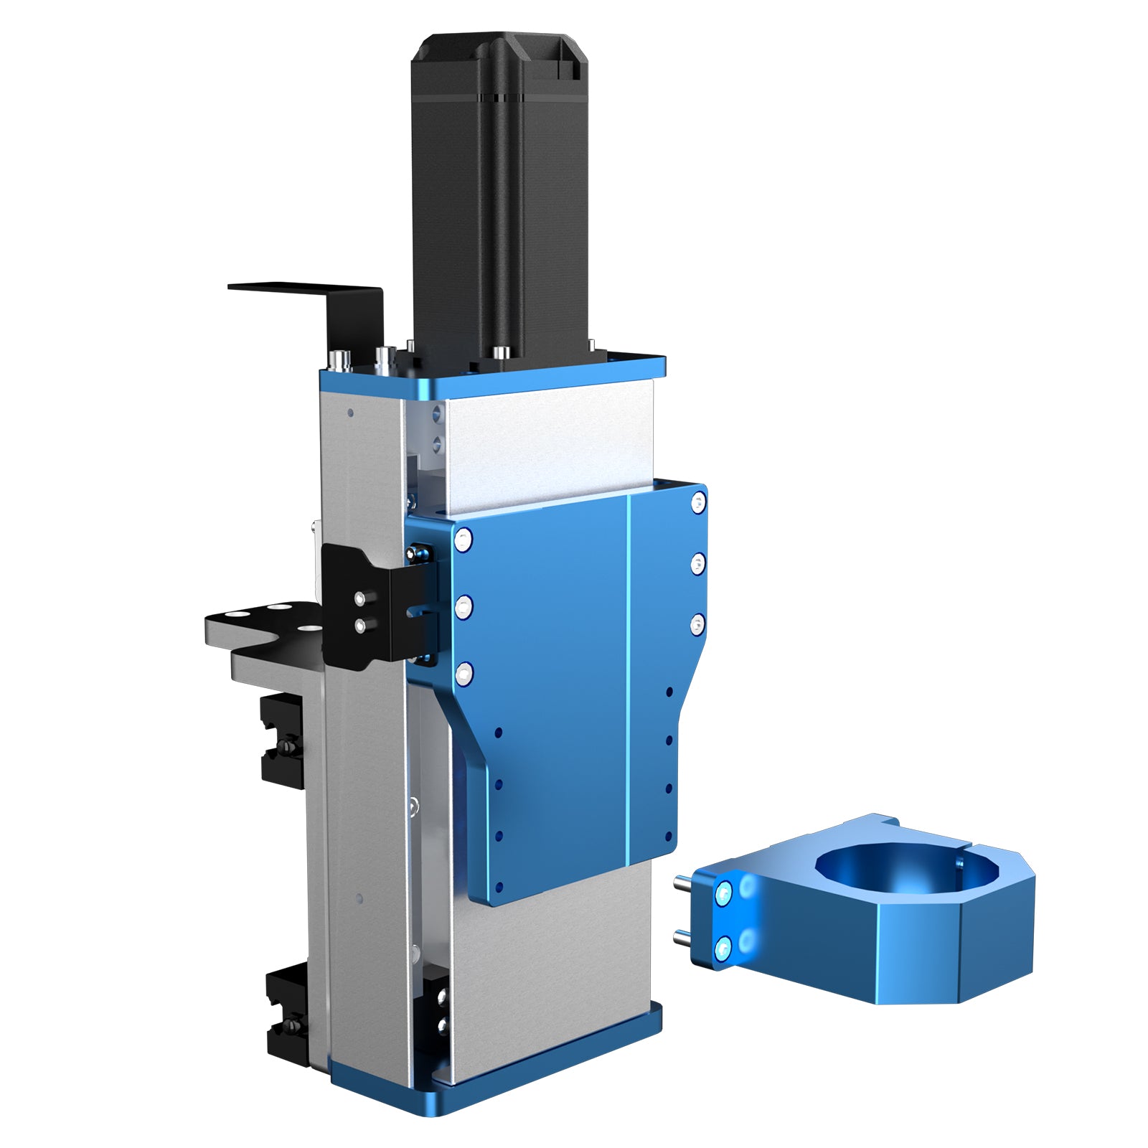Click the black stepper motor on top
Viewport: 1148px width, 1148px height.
click(x=500, y=194)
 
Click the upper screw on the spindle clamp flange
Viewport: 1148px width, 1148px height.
click(x=724, y=893)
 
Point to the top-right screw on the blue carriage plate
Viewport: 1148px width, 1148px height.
click(x=698, y=502)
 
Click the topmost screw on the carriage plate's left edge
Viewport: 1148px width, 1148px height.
click(x=464, y=538)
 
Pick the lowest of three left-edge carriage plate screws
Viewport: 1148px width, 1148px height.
click(x=465, y=672)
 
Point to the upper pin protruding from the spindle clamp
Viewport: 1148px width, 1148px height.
click(x=684, y=884)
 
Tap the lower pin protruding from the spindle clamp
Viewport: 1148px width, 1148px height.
click(x=684, y=937)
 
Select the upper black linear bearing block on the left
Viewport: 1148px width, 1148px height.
click(x=281, y=739)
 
